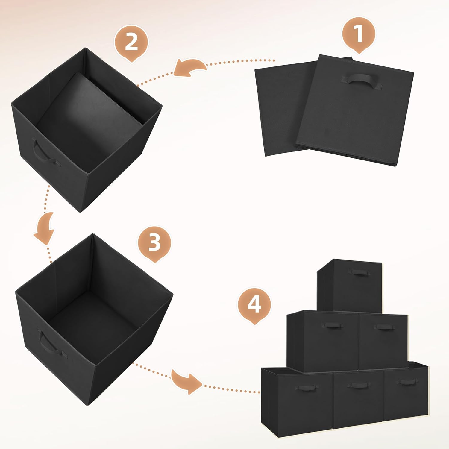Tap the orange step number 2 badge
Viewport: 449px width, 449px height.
[x=131, y=43]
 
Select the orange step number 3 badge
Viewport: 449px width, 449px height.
[x=154, y=243]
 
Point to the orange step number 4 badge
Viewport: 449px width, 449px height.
[x=254, y=305]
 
